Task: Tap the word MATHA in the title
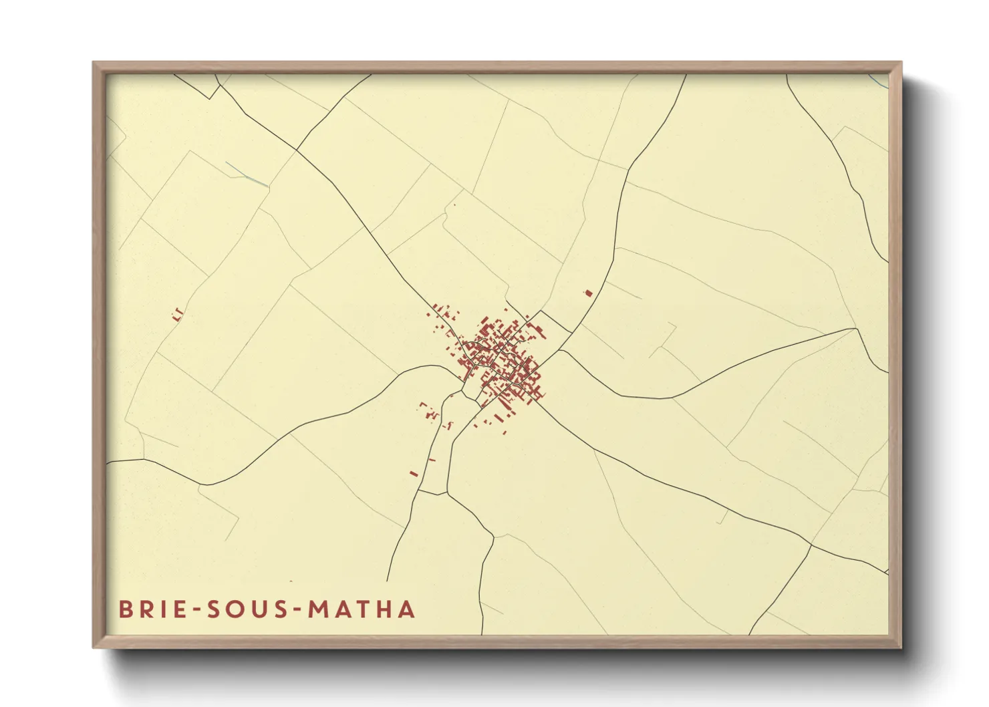(362, 609)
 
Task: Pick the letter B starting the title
(125, 609)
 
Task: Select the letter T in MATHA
(364, 609)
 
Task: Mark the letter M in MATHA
(318, 609)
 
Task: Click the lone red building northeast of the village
(589, 293)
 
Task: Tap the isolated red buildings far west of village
(178, 314)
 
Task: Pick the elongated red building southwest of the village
(413, 474)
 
